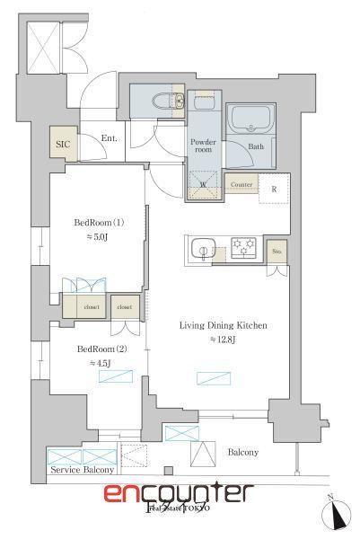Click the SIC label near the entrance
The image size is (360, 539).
(63, 143)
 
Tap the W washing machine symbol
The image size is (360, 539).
(202, 186)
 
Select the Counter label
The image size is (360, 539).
(241, 185)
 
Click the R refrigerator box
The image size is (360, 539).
(273, 190)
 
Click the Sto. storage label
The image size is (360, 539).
(276, 252)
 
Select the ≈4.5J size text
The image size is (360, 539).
(99, 363)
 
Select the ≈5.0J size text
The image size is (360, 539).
(98, 237)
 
